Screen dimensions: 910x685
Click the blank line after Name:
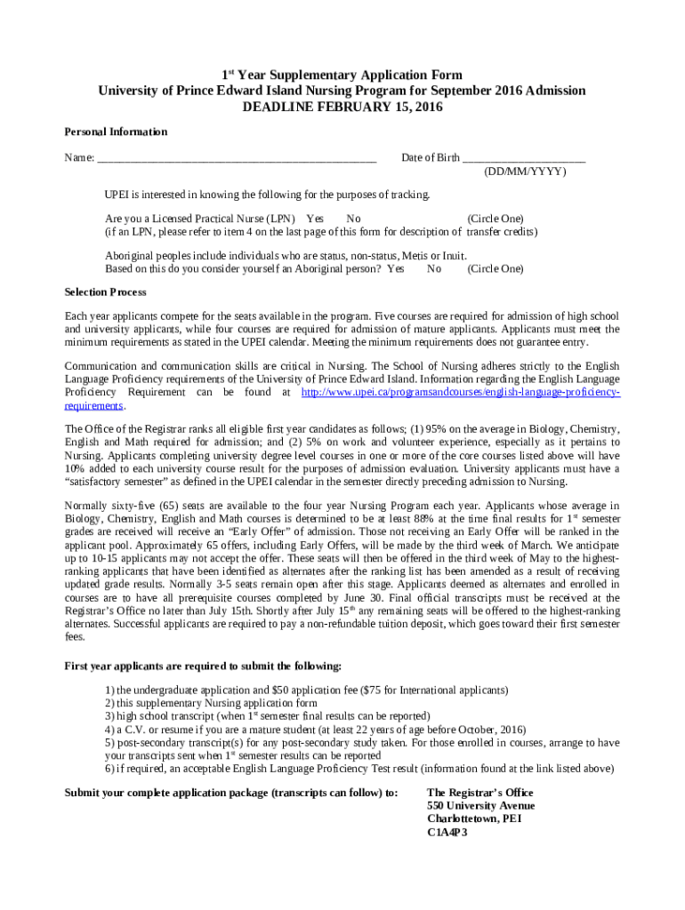[x=237, y=159]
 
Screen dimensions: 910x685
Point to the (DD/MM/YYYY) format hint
[x=524, y=172]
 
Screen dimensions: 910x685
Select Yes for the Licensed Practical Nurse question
[x=315, y=219]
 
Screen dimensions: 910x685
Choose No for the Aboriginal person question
[x=434, y=268]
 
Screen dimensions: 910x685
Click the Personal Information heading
[x=116, y=132]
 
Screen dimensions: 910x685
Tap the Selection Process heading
[x=106, y=292]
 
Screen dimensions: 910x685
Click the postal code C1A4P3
[x=447, y=834]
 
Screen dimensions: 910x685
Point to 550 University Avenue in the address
[x=481, y=806]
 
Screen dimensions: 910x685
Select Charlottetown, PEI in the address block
[x=474, y=819]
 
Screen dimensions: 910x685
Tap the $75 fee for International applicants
[x=375, y=690]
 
